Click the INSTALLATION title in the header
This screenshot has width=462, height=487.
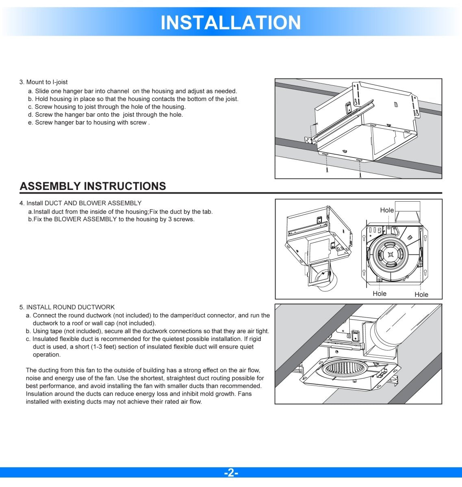click(x=231, y=22)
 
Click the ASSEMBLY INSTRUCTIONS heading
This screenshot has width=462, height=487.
click(x=93, y=186)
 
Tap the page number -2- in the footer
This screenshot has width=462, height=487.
click(x=231, y=473)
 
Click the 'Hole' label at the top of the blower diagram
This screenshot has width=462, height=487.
click(x=387, y=210)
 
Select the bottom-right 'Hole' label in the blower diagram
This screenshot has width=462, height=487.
click(x=421, y=295)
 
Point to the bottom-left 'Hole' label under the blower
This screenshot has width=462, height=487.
click(x=380, y=294)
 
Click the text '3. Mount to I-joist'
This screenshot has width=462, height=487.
click(x=43, y=82)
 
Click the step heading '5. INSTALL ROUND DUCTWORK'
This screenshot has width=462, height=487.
click(x=67, y=307)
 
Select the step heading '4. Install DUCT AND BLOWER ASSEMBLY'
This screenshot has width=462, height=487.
click(x=81, y=203)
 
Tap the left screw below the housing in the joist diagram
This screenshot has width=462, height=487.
click(x=327, y=170)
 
